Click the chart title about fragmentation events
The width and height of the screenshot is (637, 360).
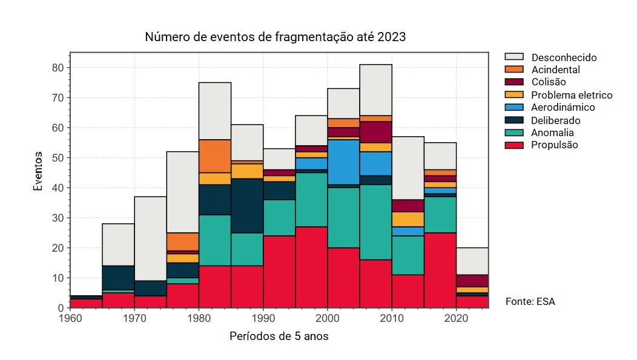(x=275, y=37)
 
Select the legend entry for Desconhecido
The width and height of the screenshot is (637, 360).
(x=564, y=57)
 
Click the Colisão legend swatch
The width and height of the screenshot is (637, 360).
(x=514, y=82)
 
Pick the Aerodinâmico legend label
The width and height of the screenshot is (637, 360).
(x=563, y=108)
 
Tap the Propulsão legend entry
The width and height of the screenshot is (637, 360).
(x=554, y=145)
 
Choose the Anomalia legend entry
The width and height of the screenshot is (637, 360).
(x=552, y=133)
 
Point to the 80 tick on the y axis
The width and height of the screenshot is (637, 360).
(x=58, y=68)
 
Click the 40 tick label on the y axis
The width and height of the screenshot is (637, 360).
(x=58, y=188)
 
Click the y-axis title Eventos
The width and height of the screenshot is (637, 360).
(x=38, y=172)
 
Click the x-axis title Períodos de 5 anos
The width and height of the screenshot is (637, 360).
(x=279, y=336)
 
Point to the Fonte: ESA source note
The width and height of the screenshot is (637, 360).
(x=530, y=301)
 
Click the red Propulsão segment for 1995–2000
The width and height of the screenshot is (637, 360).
(x=311, y=267)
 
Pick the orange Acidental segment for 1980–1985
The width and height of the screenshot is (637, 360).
(x=215, y=156)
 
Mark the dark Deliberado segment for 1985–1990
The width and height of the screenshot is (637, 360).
(x=247, y=206)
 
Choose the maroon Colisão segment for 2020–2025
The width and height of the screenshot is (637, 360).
(x=472, y=281)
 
